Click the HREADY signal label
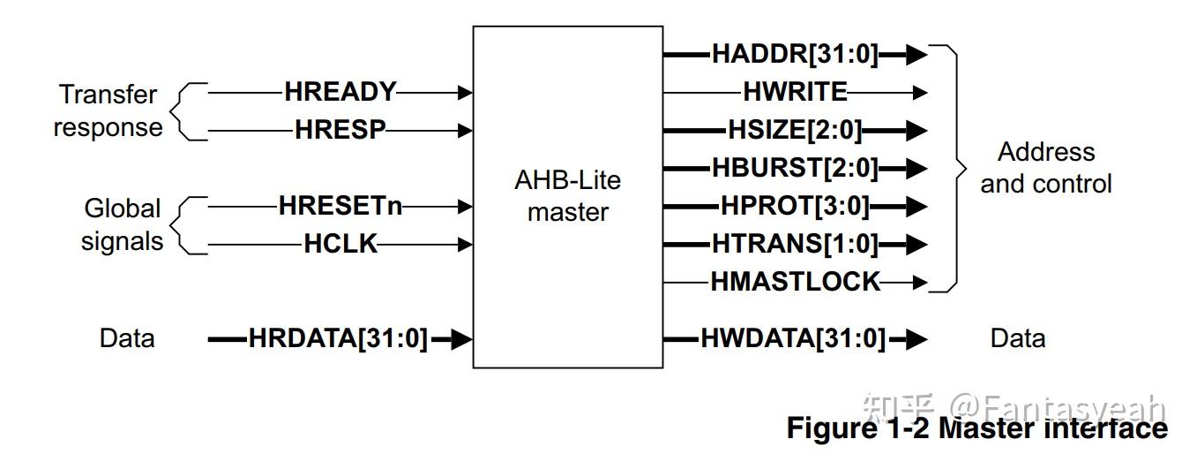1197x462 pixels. [340, 92]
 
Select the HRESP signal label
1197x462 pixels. [340, 130]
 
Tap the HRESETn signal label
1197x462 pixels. [340, 207]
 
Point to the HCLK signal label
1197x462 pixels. [340, 245]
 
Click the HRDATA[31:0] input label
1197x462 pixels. [338, 338]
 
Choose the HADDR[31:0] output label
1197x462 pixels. [795, 55]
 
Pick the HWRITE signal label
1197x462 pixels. [795, 92]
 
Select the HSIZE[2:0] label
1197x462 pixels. [795, 130]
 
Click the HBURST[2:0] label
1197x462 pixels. [795, 168]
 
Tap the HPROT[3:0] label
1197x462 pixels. [795, 207]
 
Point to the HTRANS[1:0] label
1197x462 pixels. [795, 244]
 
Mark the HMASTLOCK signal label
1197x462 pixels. [795, 282]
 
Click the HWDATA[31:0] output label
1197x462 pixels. [792, 338]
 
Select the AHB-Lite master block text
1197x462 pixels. [567, 196]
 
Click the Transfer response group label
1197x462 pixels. [108, 110]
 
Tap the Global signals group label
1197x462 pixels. [123, 224]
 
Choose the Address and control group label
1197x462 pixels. [1046, 168]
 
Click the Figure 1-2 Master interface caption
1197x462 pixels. [976, 428]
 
